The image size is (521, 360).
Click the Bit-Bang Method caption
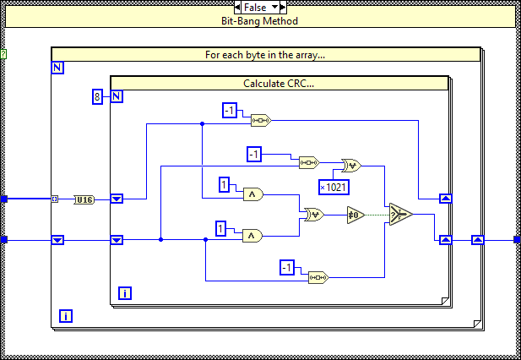click(x=260, y=20)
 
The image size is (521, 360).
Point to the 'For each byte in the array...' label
click(x=266, y=55)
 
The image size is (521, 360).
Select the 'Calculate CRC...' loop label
click(x=279, y=84)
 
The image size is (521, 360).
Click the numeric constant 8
click(x=98, y=96)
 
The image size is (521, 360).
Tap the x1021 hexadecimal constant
click(x=334, y=187)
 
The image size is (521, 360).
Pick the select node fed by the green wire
click(x=400, y=215)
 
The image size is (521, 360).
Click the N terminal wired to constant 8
click(x=117, y=96)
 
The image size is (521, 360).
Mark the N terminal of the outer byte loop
click(x=57, y=68)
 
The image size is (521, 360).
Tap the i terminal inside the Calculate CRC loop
click(x=124, y=293)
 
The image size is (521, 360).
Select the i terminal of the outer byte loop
click(x=65, y=317)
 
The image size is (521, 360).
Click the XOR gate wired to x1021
click(x=350, y=166)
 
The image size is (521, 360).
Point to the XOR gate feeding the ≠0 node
click(x=313, y=215)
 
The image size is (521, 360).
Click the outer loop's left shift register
click(x=57, y=240)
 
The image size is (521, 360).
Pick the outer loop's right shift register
click(x=477, y=240)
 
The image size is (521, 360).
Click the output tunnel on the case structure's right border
click(x=515, y=240)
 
